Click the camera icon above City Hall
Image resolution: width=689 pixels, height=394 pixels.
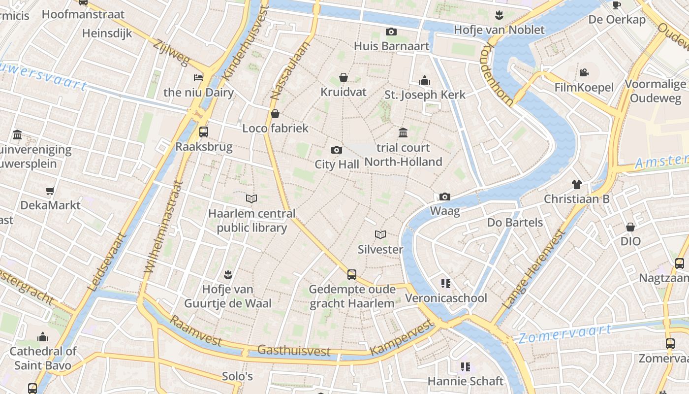pos(337,150)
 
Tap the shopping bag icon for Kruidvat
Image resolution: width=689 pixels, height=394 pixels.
pos(344,78)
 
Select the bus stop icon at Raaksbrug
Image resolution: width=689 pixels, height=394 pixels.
pos(203,131)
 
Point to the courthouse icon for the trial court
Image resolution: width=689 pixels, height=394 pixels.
pos(403,132)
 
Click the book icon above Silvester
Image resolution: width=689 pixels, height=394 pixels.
pos(380,234)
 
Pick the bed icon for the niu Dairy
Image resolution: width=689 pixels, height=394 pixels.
pos(198,78)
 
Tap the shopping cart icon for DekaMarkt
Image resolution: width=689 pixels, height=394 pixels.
pos(50,191)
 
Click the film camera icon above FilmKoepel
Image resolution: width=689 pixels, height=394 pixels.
pos(584,73)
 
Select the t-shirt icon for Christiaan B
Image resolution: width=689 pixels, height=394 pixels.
pos(576,185)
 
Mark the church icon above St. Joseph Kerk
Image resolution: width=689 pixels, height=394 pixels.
pos(425,80)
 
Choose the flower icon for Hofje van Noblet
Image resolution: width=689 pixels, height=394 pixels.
pos(499,15)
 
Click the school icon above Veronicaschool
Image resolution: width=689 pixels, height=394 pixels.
pos(446,284)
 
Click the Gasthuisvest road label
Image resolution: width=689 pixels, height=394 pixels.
pos(294,350)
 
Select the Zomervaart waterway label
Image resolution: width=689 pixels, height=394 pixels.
pos(565,333)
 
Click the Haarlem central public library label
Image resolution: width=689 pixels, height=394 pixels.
pos(252,221)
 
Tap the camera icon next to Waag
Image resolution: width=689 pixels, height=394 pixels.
pos(445,197)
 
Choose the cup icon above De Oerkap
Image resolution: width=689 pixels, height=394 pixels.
pos(616,5)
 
